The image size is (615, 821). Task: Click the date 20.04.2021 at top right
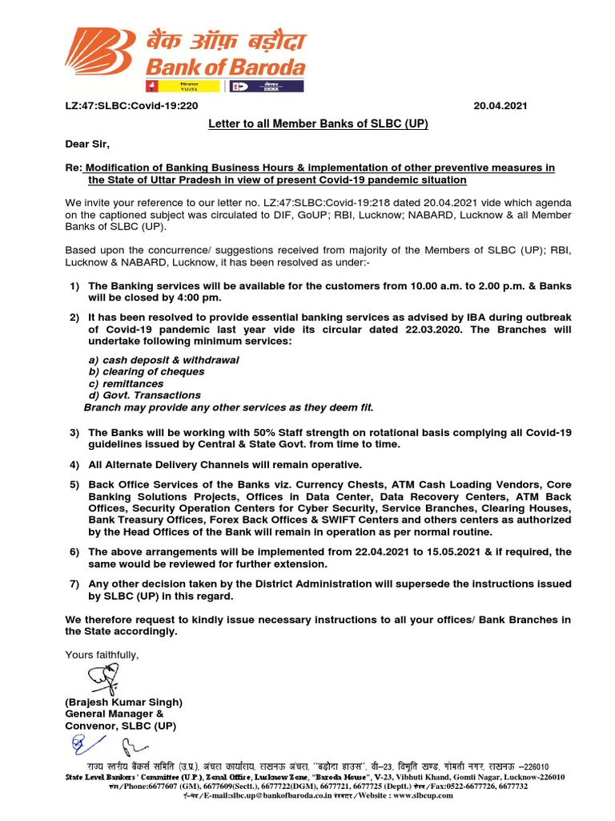[x=500, y=106]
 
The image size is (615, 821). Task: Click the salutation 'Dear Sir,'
[x=87, y=144]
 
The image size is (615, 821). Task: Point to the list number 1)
[x=74, y=286]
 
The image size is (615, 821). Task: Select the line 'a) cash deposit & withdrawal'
[x=163, y=360]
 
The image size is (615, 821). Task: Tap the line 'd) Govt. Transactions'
[x=144, y=395]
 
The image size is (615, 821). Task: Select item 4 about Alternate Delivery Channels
[x=225, y=464]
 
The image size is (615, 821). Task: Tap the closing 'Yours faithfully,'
[x=102, y=656]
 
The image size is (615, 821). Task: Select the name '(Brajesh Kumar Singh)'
[x=123, y=702]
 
